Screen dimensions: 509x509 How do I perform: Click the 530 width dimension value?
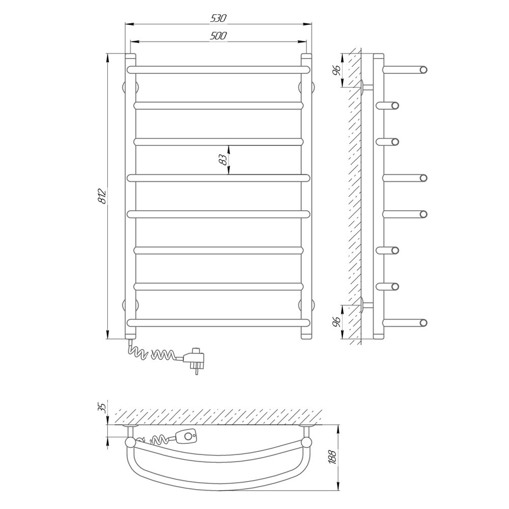[218, 18]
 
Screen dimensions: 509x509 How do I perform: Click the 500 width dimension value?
[218, 36]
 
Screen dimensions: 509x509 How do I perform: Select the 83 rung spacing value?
[223, 160]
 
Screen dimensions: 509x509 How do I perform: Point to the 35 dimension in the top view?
[102, 407]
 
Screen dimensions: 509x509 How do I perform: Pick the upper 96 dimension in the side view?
[336, 70]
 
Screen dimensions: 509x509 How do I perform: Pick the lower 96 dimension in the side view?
[336, 322]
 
